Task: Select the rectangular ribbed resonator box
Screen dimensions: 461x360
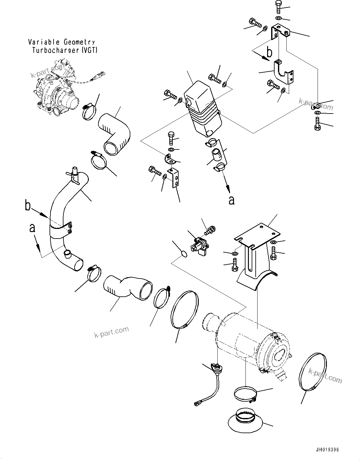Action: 201,111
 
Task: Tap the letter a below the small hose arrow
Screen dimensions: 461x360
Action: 232,200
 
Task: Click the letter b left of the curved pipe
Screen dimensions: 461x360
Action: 28,206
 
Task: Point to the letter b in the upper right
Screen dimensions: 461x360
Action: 270,53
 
